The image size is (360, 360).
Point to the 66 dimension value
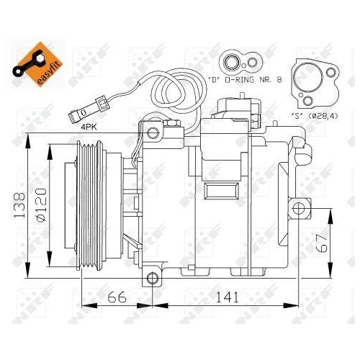pos(117,297)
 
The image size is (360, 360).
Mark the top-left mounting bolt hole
pos(151,132)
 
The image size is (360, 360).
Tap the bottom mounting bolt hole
pos(152,278)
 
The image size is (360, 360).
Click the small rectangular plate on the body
pos(215,192)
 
